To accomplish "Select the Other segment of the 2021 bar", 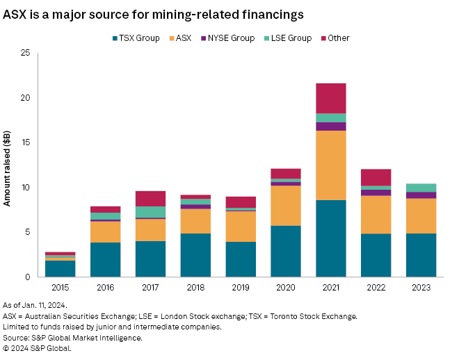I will coord(331,98).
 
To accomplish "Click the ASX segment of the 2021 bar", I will coord(331,165).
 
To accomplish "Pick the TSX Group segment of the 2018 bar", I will coord(195,255).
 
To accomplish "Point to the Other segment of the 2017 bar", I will coord(150,199).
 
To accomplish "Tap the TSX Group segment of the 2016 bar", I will coord(105,259).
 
